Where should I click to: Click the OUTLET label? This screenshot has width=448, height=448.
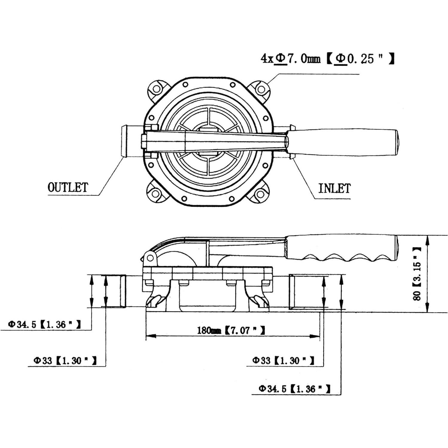tap(68, 188)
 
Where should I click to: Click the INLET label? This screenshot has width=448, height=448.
tap(334, 188)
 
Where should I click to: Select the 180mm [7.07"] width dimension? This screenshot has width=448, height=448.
tap(231, 330)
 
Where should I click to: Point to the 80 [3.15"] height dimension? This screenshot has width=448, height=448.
tap(417, 274)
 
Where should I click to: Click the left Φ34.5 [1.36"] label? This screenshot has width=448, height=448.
tap(44, 324)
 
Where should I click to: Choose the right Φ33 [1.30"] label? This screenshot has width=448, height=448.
tap(283, 360)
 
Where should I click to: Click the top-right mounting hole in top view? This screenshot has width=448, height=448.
tap(261, 89)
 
